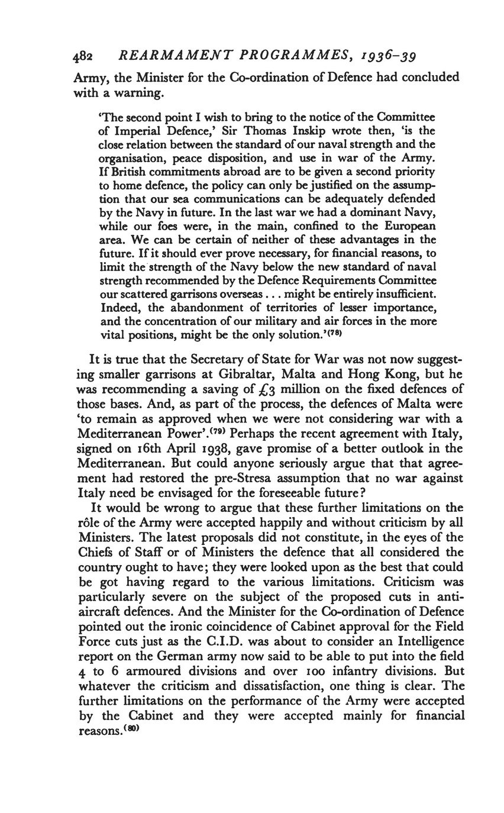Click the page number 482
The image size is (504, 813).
pos(83,57)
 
